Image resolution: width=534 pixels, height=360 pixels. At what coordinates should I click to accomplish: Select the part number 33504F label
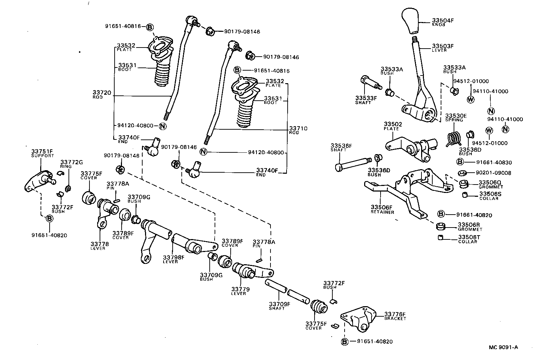443,21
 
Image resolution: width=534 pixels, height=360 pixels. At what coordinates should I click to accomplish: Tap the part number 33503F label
443,46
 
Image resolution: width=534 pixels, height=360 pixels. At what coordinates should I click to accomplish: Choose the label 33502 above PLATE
393,124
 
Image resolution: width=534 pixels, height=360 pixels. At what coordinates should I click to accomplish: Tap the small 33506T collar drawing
441,238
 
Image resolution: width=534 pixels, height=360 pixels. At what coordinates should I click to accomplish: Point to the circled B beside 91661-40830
460,162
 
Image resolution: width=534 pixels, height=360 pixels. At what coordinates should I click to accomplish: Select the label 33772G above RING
71,162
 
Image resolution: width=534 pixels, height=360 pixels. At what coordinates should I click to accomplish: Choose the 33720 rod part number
102,93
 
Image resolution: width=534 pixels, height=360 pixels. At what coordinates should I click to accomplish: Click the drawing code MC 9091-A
503,347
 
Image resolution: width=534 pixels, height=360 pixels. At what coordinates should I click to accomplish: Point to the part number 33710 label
298,128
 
